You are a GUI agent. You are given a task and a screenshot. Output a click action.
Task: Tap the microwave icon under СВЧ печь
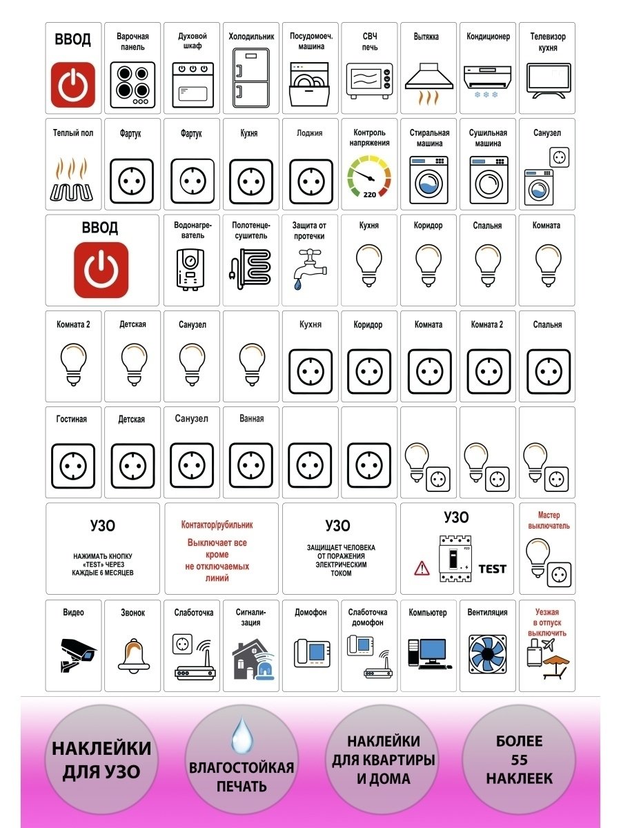coord(368,82)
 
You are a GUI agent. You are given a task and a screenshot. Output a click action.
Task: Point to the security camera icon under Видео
coord(77,655)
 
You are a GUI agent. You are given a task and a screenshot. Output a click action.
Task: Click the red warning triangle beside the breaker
coord(421,568)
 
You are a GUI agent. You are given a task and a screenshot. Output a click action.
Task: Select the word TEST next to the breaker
coord(492,569)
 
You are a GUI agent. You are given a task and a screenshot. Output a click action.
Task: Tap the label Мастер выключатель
coord(549,520)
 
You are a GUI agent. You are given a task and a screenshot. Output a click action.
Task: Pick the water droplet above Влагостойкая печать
coord(241,734)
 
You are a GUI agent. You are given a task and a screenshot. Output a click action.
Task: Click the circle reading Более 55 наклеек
coord(519,760)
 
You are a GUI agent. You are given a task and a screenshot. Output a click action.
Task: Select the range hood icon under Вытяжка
coord(428,82)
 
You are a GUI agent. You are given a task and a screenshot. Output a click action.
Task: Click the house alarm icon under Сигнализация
coord(251,659)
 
